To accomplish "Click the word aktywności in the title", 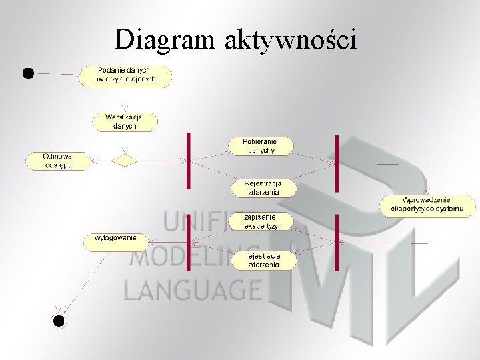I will tap(291, 40).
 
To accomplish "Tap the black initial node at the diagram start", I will tap(28, 73).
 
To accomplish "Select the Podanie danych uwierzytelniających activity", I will tap(126, 76).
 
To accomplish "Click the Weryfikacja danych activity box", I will tap(125, 121).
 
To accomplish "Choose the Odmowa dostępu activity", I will tap(57, 161).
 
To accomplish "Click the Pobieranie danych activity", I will tap(261, 146).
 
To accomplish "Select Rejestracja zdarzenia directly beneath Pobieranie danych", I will tap(263, 188).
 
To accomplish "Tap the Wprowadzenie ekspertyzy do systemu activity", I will tap(427, 205).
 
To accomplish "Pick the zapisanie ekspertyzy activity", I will tap(261, 221).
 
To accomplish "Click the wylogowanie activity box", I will tap(115, 241).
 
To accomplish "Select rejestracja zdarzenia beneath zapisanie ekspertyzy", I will tap(263, 260).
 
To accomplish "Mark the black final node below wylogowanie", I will tap(59, 321).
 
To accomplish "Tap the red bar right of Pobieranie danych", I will tap(337, 160).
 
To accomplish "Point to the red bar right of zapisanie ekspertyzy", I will tap(337, 241).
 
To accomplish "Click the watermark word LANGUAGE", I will tap(192, 289).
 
